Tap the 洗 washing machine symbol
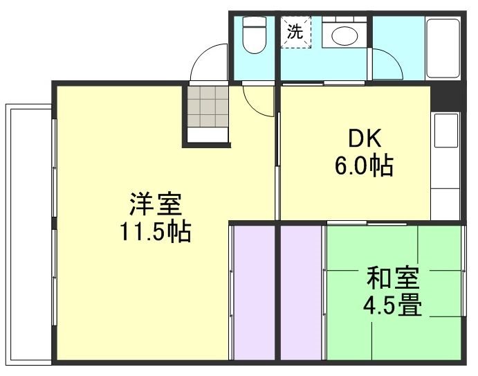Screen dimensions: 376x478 295,32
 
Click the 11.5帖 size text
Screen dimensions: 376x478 155,232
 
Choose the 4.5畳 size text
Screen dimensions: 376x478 392,305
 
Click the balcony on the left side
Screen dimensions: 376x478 28,232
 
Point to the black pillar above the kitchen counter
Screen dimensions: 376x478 445,98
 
